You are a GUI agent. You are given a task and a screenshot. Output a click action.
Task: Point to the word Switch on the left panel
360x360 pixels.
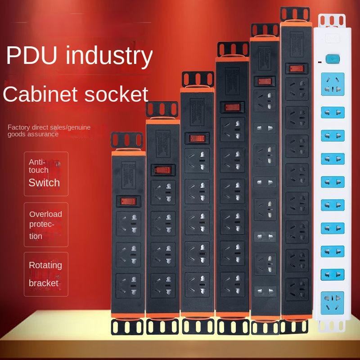(44, 182)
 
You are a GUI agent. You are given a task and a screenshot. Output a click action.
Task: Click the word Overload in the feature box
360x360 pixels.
(45, 214)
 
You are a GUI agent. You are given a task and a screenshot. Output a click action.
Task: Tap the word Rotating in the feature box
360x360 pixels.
(45, 265)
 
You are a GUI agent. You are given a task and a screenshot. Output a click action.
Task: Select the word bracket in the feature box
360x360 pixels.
(44, 283)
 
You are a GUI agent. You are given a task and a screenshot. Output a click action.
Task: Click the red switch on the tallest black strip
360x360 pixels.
(296, 68)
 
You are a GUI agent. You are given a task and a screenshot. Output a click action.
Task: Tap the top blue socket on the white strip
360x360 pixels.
(332, 84)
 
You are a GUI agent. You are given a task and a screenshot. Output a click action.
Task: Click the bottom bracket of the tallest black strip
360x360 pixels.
(295, 327)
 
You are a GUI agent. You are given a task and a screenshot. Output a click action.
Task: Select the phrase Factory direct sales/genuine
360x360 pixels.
(49, 127)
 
